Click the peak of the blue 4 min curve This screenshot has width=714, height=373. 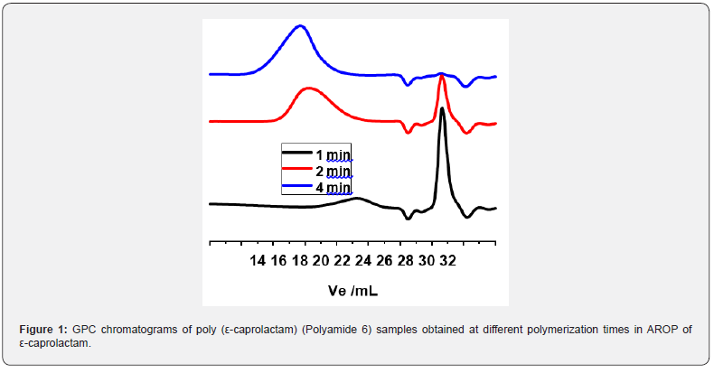click(300, 26)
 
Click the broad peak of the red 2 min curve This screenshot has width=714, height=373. click(308, 89)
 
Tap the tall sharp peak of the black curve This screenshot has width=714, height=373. click(442, 109)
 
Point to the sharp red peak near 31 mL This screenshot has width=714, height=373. click(442, 78)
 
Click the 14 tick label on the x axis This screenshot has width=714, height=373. click(258, 261)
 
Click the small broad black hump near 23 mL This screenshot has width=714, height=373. click(357, 199)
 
